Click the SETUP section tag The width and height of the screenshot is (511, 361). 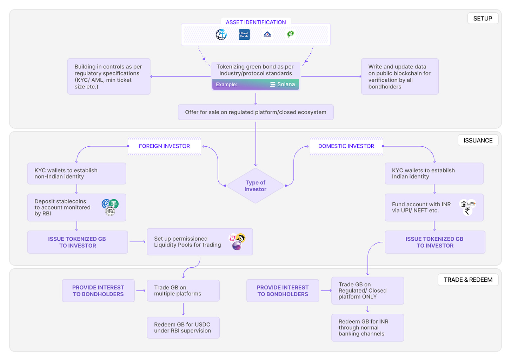click(483, 18)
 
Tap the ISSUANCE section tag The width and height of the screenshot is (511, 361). click(478, 140)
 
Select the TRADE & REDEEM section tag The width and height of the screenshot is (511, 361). click(468, 280)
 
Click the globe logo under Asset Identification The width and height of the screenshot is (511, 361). click(221, 34)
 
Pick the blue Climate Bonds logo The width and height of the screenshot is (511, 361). click(244, 34)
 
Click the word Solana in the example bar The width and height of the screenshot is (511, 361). click(286, 84)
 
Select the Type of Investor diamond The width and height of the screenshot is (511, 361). click(255, 186)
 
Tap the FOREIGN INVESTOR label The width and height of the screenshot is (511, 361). click(164, 146)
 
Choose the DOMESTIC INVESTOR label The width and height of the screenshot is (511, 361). click(346, 146)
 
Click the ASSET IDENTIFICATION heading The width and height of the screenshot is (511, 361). click(255, 22)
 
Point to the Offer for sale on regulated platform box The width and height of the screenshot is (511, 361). click(255, 112)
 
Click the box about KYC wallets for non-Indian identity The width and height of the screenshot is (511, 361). click(77, 173)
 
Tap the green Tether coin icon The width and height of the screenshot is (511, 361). click(114, 203)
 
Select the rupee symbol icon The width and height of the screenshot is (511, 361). click(467, 211)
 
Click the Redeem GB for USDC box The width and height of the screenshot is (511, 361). click(183, 328)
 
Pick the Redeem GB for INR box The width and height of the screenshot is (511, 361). click(367, 328)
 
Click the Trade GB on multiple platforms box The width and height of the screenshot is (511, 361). click(183, 290)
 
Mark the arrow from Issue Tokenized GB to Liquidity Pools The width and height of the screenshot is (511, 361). click(138, 242)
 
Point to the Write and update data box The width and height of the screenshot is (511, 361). click(400, 76)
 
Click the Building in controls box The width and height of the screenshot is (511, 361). click(109, 76)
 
